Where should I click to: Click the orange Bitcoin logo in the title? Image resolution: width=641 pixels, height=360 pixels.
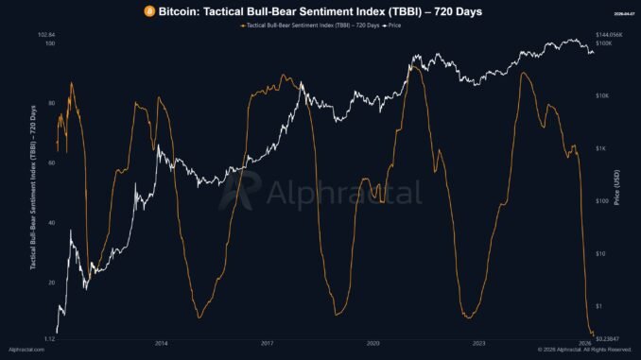pyautogui.click(x=148, y=10)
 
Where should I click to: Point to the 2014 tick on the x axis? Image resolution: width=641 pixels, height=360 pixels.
pyautogui.click(x=161, y=342)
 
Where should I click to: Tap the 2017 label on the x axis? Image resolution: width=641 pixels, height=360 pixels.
pyautogui.click(x=268, y=342)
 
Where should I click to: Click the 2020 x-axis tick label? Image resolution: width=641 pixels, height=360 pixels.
pyautogui.click(x=373, y=342)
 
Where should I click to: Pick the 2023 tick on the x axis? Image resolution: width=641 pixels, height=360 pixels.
pyautogui.click(x=479, y=342)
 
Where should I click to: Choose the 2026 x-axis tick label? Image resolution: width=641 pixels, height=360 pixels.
pyautogui.click(x=586, y=342)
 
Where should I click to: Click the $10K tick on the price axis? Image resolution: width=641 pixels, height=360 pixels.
pyautogui.click(x=601, y=96)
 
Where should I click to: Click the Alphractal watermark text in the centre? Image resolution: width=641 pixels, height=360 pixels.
pyautogui.click(x=343, y=193)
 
